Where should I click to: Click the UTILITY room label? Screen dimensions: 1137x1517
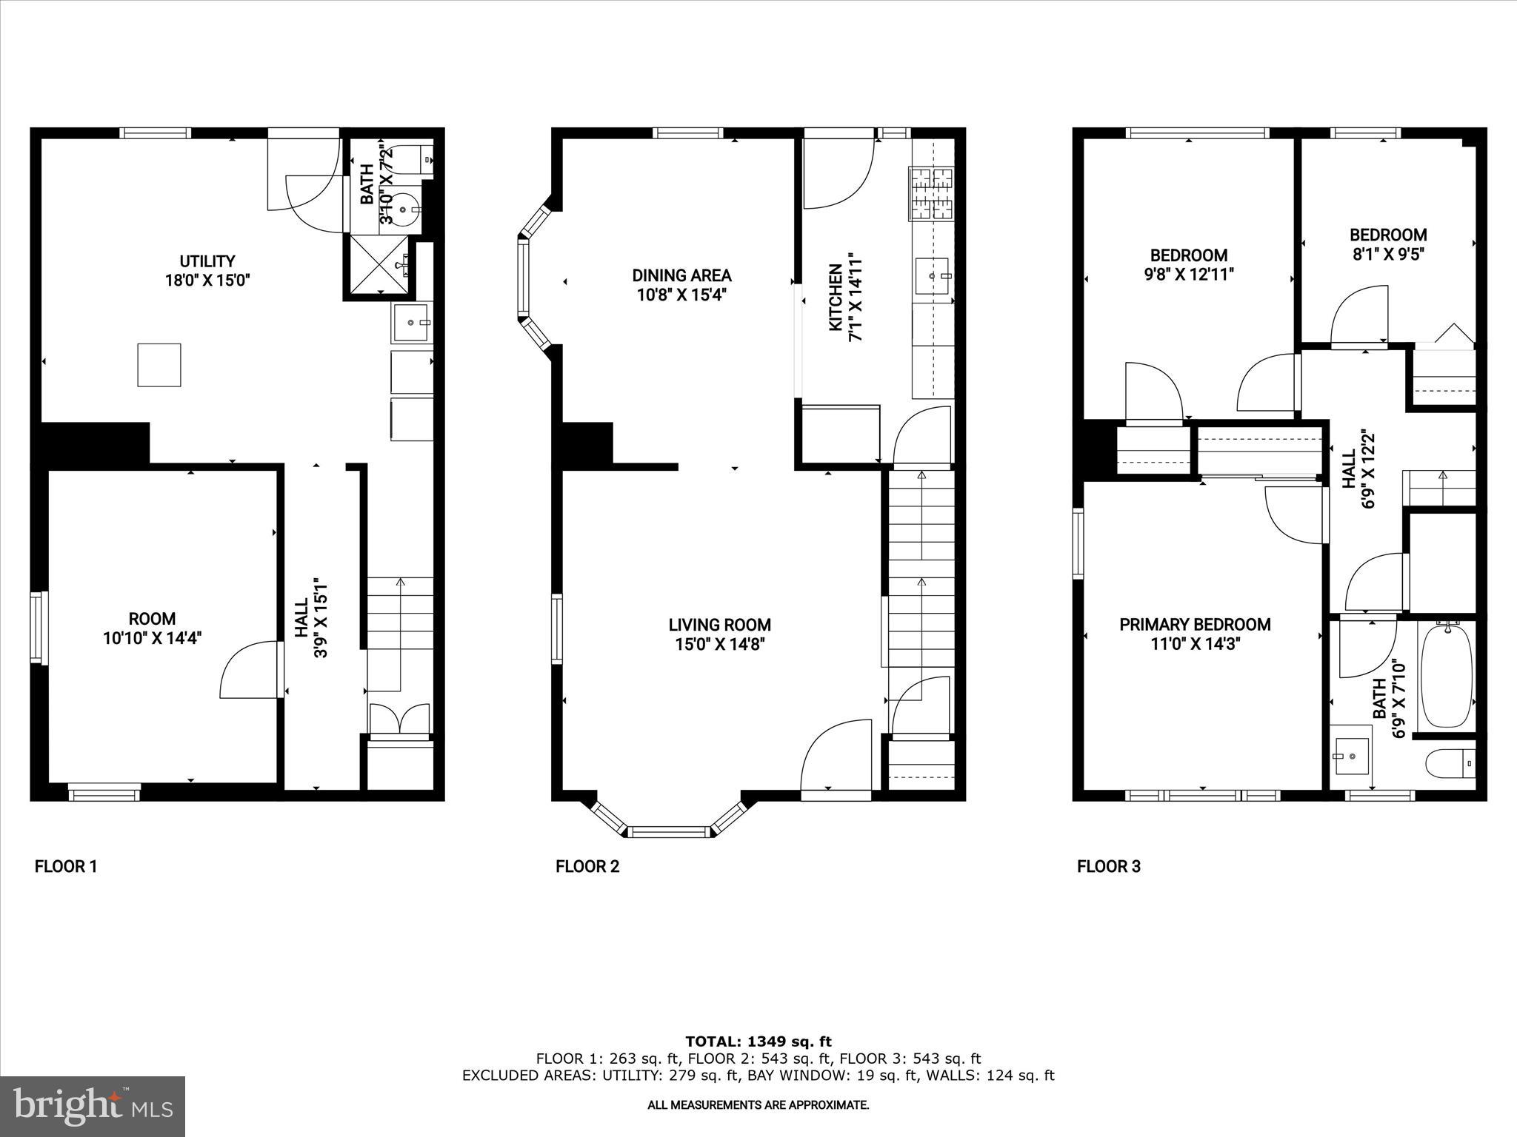pos(207,261)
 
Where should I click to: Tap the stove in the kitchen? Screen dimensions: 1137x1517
pos(931,194)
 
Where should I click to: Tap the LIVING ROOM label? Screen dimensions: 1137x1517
pos(719,625)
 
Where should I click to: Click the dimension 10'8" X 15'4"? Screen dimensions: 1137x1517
pos(681,295)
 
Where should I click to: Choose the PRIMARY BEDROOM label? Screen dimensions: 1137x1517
pos(1195,625)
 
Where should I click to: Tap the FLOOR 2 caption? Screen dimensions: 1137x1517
pos(587,866)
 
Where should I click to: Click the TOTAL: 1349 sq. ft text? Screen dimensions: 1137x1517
pos(758,1042)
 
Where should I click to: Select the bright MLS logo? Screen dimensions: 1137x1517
pos(93,1106)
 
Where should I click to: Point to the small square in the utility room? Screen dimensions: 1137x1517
pos(159,365)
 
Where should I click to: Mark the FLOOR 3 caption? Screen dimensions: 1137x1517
pos(1108,866)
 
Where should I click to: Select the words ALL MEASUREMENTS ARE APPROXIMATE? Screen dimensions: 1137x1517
pos(758,1105)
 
